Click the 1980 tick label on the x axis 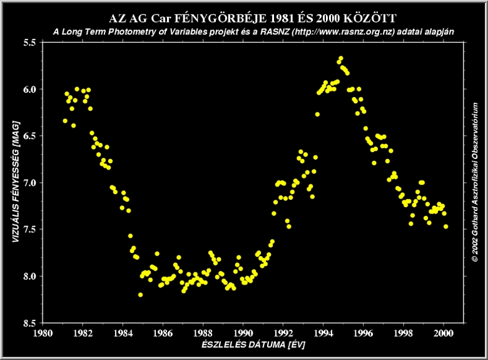click(43, 333)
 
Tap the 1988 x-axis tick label click(203, 333)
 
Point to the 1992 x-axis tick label click(283, 333)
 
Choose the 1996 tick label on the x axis click(363, 333)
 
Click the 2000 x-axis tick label click(444, 333)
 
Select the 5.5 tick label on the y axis click(29, 42)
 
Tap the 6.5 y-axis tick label click(29, 136)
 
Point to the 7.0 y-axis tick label click(29, 183)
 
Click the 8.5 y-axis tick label click(29, 323)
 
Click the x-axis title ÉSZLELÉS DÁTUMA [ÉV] click(243, 345)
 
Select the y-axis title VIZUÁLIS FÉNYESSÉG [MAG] click(14, 182)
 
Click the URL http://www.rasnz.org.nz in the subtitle click(343, 31)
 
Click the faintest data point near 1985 click(141, 294)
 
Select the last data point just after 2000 click(446, 227)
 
